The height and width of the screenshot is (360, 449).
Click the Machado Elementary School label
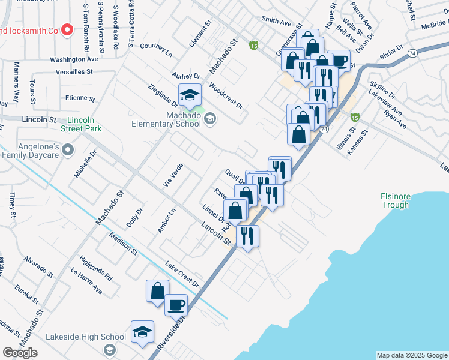[166, 119]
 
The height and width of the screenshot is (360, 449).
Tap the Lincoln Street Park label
[81, 124]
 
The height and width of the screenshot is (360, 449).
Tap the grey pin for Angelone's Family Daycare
[68, 149]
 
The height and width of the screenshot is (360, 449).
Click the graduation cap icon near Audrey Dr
[190, 95]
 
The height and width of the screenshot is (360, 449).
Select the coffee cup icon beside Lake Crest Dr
[176, 304]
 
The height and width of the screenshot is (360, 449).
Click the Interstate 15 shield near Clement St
[254, 46]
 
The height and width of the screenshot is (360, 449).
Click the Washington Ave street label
[74, 60]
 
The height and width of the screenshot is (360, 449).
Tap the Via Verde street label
[172, 174]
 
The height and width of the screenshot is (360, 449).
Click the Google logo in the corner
[20, 353]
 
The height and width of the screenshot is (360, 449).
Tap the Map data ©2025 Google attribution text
[411, 355]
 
